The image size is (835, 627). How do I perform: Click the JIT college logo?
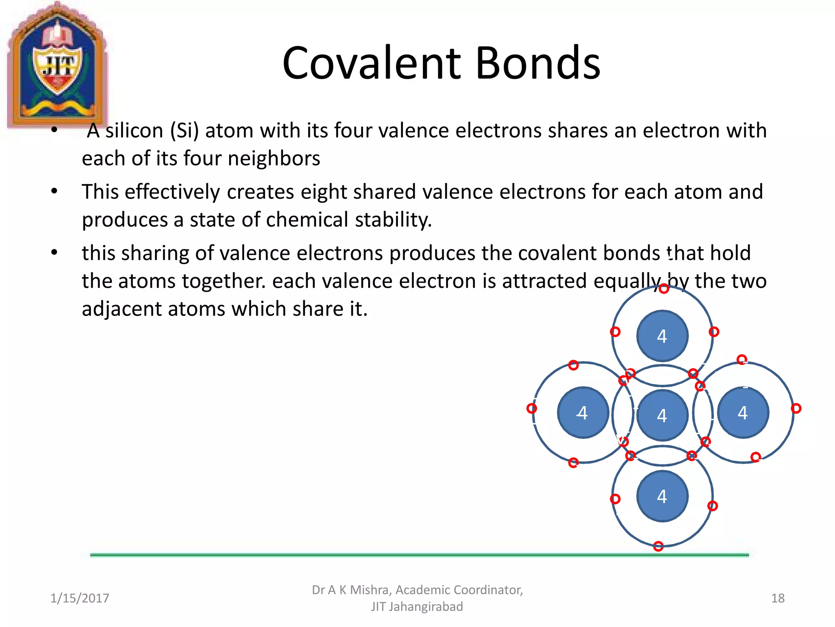click(x=57, y=65)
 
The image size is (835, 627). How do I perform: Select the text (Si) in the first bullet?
click(x=184, y=131)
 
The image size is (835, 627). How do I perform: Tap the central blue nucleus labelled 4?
click(x=662, y=416)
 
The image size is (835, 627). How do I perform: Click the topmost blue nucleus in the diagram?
click(x=662, y=336)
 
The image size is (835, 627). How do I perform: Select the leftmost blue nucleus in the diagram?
click(x=583, y=413)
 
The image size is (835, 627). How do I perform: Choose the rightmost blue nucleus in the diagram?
click(x=743, y=413)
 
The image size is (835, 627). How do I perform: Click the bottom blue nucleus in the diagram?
click(x=662, y=496)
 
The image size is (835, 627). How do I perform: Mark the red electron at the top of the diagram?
click(x=664, y=289)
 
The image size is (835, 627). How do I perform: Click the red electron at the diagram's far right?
click(x=796, y=408)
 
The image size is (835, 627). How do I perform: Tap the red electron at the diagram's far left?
click(x=531, y=408)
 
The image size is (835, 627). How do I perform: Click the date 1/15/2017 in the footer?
click(x=80, y=598)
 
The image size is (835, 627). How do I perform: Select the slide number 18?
click(x=778, y=598)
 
